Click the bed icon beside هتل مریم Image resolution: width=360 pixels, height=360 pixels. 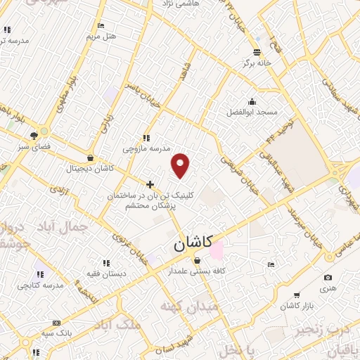(101, 25)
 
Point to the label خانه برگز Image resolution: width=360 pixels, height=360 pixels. (258, 63)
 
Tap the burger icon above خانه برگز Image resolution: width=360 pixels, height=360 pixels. (257, 51)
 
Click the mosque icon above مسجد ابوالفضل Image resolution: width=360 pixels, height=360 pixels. (252, 101)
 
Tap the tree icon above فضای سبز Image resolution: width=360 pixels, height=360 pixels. (33, 136)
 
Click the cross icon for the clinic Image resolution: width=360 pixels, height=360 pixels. (150, 184)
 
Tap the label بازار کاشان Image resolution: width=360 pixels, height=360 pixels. (297, 305)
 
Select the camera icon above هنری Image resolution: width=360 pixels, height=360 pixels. (328, 278)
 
